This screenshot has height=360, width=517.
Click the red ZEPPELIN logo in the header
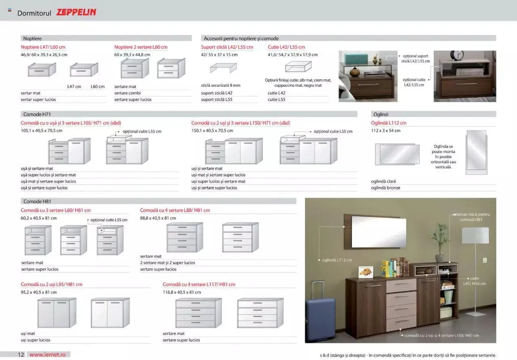tap(76, 13)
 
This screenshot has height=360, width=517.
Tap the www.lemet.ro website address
tap(47, 354)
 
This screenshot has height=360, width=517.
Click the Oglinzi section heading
tap(381, 114)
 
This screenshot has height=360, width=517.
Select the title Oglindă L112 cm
tap(389, 123)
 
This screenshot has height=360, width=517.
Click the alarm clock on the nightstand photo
tap(457, 55)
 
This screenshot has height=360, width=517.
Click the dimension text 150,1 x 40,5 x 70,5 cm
tap(212, 131)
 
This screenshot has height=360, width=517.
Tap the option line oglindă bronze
tap(385, 188)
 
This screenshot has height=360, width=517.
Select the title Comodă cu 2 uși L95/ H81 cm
tap(52, 284)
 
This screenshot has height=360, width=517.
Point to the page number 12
tap(21, 354)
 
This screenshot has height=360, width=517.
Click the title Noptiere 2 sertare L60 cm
tap(141, 47)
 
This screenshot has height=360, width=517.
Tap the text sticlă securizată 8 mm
tap(221, 85)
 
